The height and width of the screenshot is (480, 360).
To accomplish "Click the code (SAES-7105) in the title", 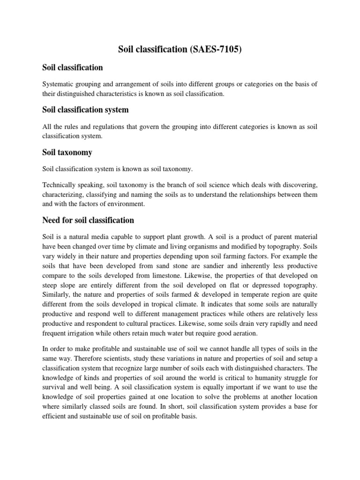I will click(x=216, y=49).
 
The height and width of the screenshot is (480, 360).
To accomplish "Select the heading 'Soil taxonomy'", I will click(x=67, y=152).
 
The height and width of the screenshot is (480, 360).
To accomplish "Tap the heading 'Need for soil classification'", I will click(x=88, y=220).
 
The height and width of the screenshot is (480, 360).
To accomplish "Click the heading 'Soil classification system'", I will click(x=85, y=110).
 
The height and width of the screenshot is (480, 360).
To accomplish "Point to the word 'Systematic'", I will click(x=58, y=84).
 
